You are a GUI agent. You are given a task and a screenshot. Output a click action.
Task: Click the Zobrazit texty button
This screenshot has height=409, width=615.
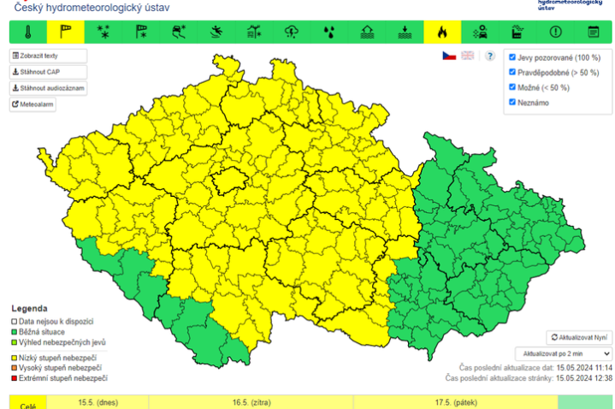(x=48, y=56)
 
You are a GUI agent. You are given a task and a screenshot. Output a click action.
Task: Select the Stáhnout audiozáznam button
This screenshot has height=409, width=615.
(x=48, y=88)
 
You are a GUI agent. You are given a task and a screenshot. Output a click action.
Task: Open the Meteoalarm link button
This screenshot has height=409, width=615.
(x=34, y=104)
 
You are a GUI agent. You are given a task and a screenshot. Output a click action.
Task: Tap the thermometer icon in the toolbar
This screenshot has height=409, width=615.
(x=27, y=33)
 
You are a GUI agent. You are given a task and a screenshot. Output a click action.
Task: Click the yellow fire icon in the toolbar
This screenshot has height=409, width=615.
(x=441, y=33)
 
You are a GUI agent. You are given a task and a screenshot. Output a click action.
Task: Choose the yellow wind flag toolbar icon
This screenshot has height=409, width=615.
(x=65, y=33)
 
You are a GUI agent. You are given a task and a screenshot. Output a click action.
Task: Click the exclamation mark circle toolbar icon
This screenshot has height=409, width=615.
(x=555, y=33)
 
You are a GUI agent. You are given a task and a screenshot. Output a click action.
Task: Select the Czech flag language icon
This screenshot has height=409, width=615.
(x=448, y=56)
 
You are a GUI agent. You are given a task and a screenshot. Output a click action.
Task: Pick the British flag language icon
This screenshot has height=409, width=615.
(x=467, y=56)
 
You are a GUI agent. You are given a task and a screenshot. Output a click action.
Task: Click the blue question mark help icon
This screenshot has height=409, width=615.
(x=490, y=56)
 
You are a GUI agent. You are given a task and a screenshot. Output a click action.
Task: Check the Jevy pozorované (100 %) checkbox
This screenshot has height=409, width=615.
(x=512, y=57)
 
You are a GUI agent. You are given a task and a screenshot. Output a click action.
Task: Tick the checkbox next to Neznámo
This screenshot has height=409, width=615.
(x=512, y=103)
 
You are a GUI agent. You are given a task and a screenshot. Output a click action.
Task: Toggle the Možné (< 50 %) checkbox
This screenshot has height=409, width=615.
(x=512, y=87)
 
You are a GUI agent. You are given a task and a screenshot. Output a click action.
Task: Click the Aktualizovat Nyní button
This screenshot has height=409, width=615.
(x=579, y=338)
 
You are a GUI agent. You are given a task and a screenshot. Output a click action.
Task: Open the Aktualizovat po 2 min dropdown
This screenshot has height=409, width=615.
(x=563, y=353)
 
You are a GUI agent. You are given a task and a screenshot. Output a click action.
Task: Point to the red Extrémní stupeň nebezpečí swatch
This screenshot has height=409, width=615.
(x=14, y=377)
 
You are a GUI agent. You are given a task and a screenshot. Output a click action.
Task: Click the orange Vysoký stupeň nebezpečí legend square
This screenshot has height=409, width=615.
(x=14, y=366)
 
